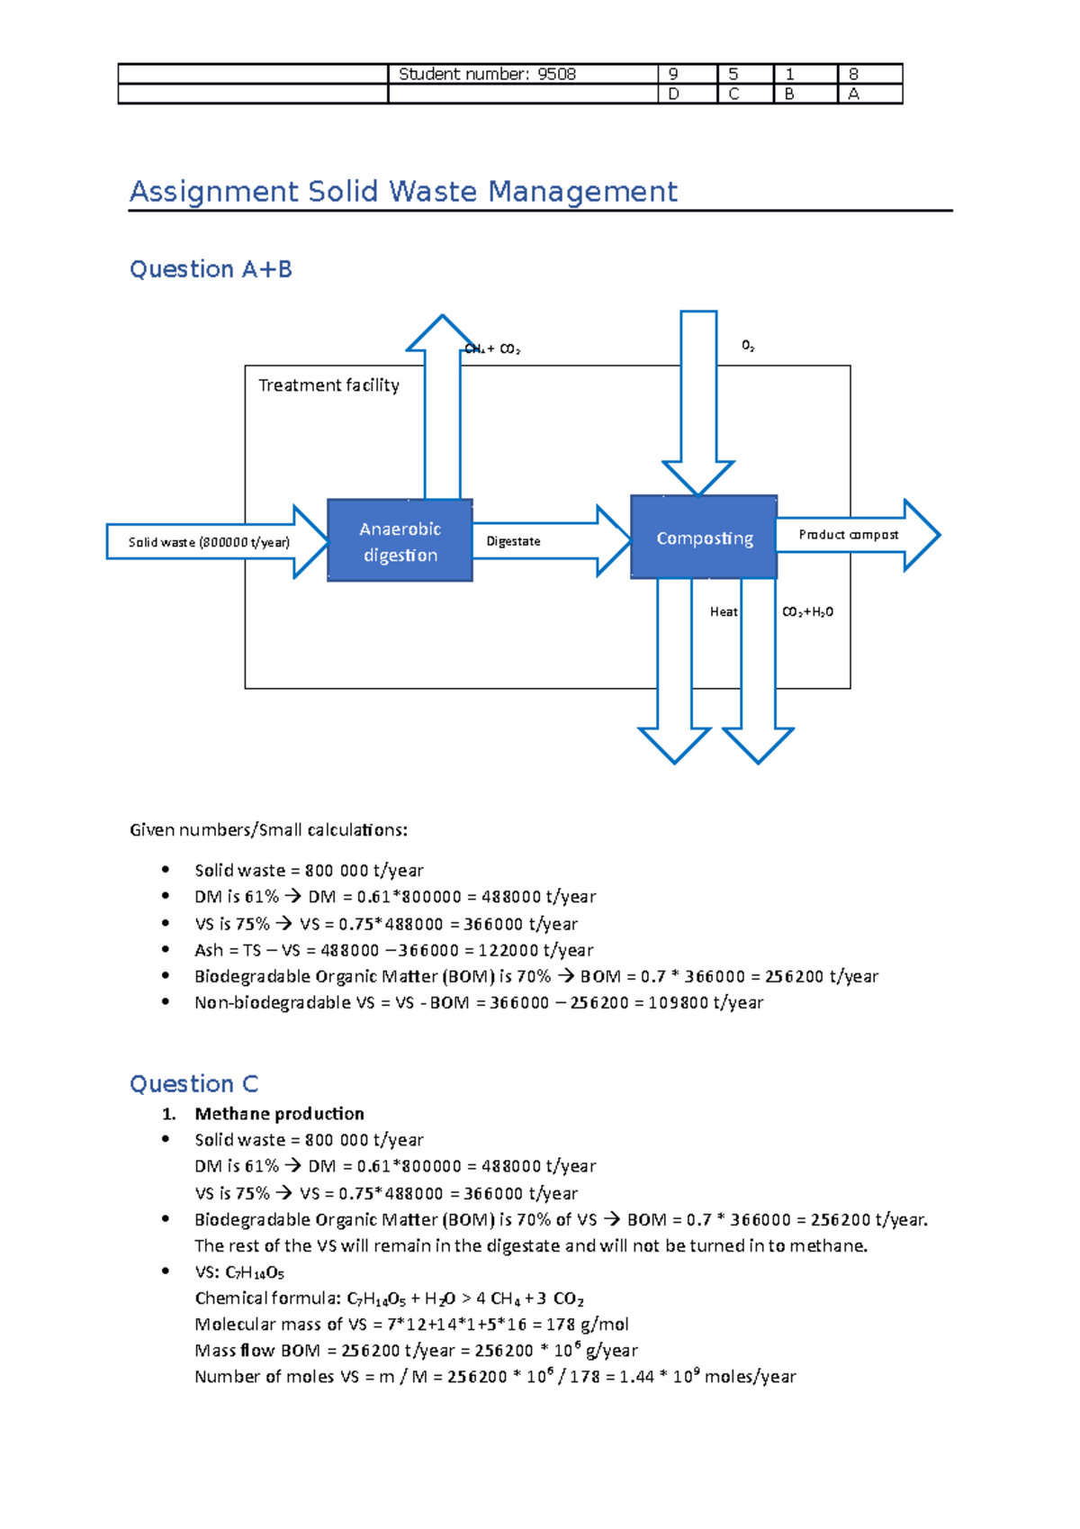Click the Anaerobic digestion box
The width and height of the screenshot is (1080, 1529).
(x=400, y=541)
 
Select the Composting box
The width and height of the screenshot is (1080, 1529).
(x=704, y=538)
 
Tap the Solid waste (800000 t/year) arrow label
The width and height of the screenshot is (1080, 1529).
(x=209, y=542)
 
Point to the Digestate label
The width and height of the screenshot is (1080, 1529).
(x=513, y=541)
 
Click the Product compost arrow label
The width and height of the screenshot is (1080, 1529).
(x=848, y=534)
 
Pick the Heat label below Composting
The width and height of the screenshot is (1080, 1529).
(x=723, y=611)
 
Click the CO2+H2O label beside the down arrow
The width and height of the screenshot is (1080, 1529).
(x=807, y=611)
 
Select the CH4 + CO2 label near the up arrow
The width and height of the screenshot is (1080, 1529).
(x=492, y=348)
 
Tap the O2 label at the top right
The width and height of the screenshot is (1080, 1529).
(x=747, y=345)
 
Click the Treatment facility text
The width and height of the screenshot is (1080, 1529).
(x=328, y=385)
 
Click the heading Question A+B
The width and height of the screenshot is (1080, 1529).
(x=211, y=269)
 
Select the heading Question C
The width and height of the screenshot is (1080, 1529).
(x=193, y=1083)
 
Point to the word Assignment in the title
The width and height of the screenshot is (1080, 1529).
(x=214, y=192)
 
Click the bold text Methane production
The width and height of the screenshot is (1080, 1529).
(x=279, y=1114)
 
